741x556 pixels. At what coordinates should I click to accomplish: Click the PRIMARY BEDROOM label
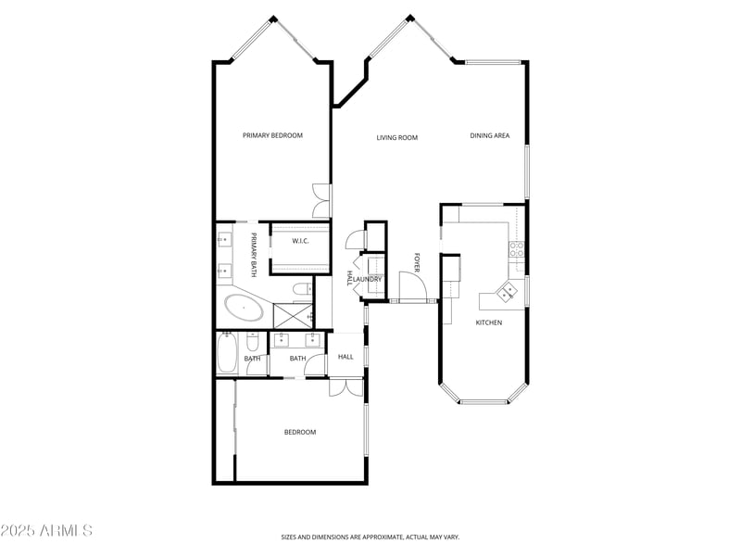point(272,135)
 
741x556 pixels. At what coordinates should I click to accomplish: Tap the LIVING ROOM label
point(396,138)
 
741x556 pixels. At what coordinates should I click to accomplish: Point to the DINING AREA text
point(490,136)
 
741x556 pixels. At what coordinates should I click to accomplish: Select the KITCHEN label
point(489,322)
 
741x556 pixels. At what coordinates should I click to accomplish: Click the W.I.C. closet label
point(300,241)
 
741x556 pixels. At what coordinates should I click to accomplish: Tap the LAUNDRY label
point(368,279)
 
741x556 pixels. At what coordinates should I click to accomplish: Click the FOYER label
point(417,262)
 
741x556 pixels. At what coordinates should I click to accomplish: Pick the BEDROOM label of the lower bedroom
point(300,432)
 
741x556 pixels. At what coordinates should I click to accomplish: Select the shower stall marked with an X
point(293,315)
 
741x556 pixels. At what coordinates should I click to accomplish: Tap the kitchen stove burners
point(517,248)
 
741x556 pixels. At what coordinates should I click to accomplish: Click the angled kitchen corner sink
point(508,292)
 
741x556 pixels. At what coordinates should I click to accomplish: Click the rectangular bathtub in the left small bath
point(226,353)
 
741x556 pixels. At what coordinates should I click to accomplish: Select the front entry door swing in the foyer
point(411,286)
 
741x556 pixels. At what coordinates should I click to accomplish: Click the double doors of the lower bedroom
point(346,387)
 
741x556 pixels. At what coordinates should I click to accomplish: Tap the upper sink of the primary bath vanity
point(224,241)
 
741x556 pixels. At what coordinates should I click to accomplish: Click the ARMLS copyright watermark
point(46,531)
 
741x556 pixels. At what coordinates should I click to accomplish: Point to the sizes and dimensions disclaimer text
point(370,537)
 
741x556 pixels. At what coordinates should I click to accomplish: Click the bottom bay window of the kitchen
point(484,401)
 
